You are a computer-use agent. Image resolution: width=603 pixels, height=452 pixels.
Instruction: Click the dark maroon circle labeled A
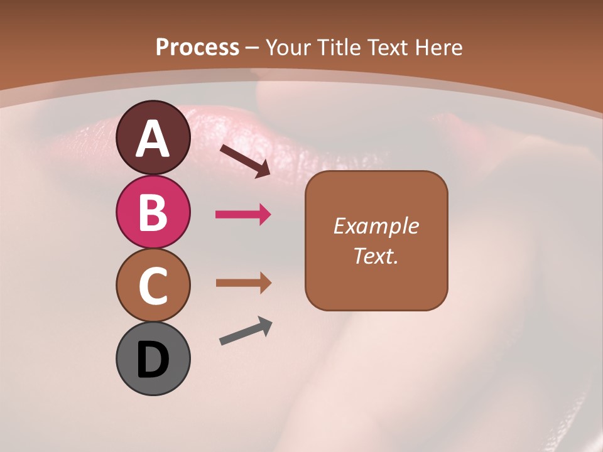[153, 137]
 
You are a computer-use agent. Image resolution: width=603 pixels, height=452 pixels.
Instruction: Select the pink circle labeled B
[153, 212]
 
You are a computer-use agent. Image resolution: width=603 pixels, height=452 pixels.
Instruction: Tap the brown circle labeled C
[153, 286]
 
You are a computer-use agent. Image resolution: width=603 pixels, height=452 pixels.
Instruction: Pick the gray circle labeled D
[153, 359]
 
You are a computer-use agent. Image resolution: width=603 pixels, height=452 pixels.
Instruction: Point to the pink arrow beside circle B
[243, 215]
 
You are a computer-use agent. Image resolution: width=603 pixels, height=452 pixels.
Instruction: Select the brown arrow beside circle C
[243, 283]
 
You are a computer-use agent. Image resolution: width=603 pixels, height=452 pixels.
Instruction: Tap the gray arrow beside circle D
[246, 331]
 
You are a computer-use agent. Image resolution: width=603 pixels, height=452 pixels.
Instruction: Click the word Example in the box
[376, 226]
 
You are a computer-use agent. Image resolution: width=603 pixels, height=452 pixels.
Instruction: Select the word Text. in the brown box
[376, 256]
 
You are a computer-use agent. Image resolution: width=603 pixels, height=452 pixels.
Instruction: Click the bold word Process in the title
[197, 47]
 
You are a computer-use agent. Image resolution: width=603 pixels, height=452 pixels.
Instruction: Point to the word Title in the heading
[340, 47]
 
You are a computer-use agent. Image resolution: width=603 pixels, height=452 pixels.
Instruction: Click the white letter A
[153, 139]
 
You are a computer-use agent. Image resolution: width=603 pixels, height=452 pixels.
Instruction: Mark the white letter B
[153, 212]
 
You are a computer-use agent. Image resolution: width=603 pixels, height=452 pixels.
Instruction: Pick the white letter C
[153, 286]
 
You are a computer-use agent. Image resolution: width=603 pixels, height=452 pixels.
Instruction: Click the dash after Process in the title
[253, 48]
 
